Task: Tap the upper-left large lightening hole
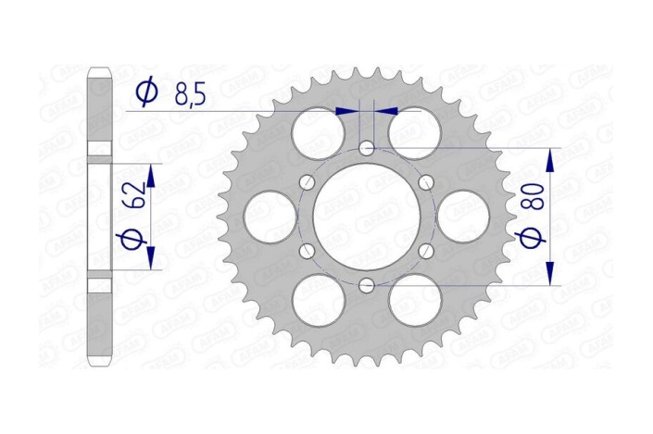pyautogui.click(x=319, y=133)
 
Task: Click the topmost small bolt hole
pyautogui.click(x=367, y=148)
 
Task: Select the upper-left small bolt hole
pyautogui.click(x=308, y=182)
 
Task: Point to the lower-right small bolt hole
pyautogui.click(x=426, y=251)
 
